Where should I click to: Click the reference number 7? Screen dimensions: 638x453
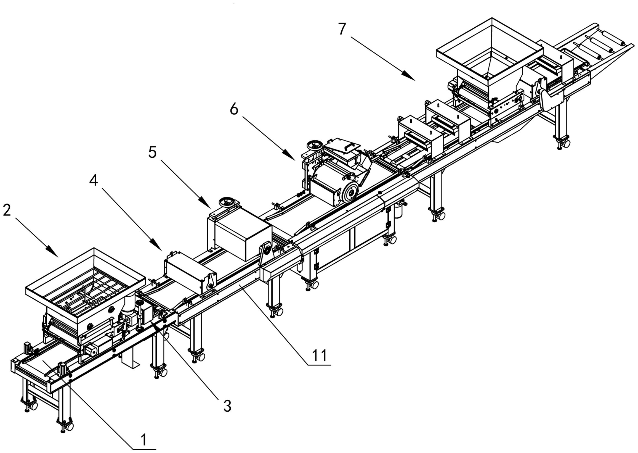coord(343,29)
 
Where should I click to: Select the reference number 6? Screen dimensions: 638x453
coord(234,109)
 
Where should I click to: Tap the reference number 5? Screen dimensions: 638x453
coord(152,152)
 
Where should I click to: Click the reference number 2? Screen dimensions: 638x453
coord(7,210)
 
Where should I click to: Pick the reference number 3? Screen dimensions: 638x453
coord(227,406)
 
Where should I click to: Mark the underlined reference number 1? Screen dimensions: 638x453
coord(144,441)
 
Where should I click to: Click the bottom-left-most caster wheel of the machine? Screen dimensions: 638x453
coord(33,406)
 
